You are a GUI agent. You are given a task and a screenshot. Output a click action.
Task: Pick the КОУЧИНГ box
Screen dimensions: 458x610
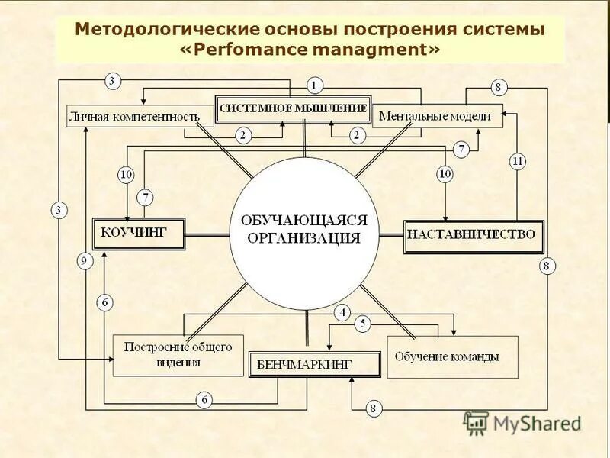(x=139, y=233)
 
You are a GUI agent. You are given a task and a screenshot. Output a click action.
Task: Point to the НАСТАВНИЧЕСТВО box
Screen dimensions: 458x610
(x=474, y=235)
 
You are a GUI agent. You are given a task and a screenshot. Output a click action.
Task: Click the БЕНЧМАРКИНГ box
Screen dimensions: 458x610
(x=314, y=364)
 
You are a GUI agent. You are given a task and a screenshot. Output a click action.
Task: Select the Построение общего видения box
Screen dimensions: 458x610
(x=178, y=355)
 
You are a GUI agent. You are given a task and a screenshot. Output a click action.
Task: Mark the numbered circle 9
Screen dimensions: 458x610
(x=85, y=262)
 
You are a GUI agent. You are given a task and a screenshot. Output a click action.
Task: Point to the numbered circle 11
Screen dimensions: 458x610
(x=518, y=161)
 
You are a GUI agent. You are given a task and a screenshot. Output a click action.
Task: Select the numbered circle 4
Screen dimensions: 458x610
(x=342, y=311)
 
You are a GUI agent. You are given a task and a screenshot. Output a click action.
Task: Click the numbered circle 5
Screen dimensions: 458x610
(x=364, y=324)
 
